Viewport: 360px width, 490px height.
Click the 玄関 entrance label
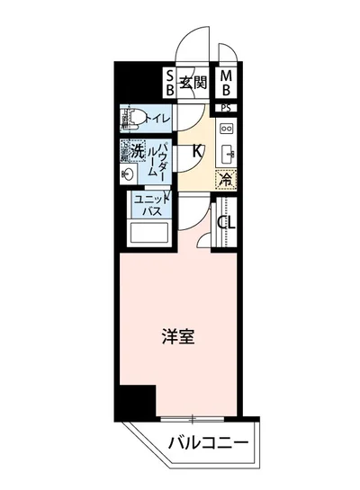pos(193,83)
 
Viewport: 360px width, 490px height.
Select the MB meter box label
pos(227,83)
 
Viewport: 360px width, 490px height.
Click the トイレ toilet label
pos(158,118)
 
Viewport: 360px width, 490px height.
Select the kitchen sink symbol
pos(226,151)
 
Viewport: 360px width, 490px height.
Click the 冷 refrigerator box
pos(225,177)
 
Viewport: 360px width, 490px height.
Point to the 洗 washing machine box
pos(136,150)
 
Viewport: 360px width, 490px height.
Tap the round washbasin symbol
pos(129,171)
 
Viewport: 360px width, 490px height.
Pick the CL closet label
pos(226,222)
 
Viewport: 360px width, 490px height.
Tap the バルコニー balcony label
pos(207,442)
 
